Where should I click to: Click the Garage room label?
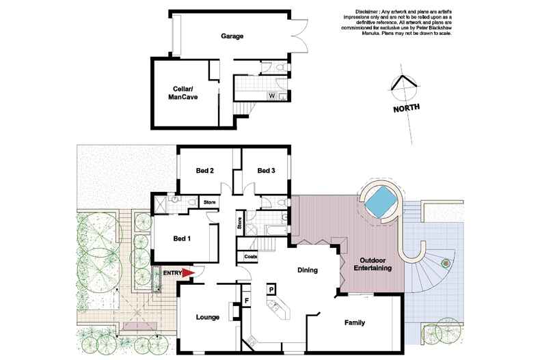232,36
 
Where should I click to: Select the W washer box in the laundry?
272,96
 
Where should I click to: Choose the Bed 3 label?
265,171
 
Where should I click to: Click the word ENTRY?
172,273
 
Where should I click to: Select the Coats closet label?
250,257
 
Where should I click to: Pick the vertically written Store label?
240,223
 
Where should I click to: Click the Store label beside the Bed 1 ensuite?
209,202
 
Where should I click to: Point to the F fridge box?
245,299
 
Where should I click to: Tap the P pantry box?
271,290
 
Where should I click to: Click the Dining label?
308,271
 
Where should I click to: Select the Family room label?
354,322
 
